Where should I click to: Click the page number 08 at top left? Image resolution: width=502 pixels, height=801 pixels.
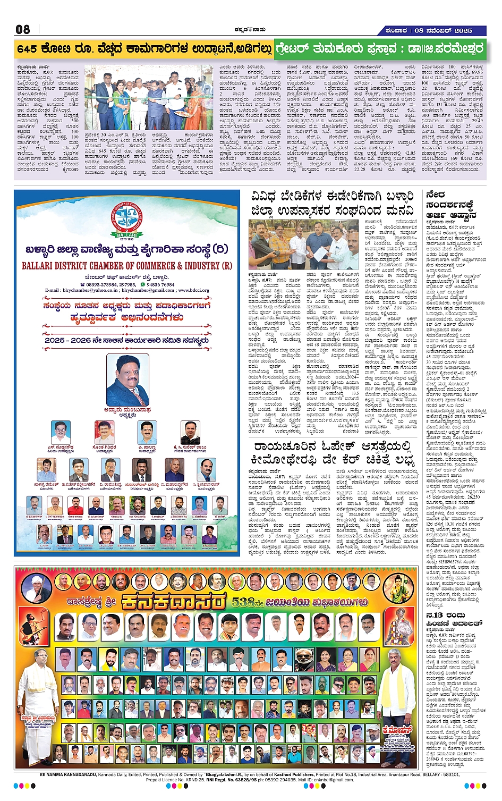click(23, 29)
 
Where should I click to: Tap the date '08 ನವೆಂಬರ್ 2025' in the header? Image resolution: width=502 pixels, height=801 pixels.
click(444, 30)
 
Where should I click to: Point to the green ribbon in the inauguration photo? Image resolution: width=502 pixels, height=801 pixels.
click(154, 99)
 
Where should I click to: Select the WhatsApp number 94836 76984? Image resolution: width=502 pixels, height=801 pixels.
click(160, 284)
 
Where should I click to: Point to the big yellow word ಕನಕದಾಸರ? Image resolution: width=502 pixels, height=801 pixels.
click(173, 602)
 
